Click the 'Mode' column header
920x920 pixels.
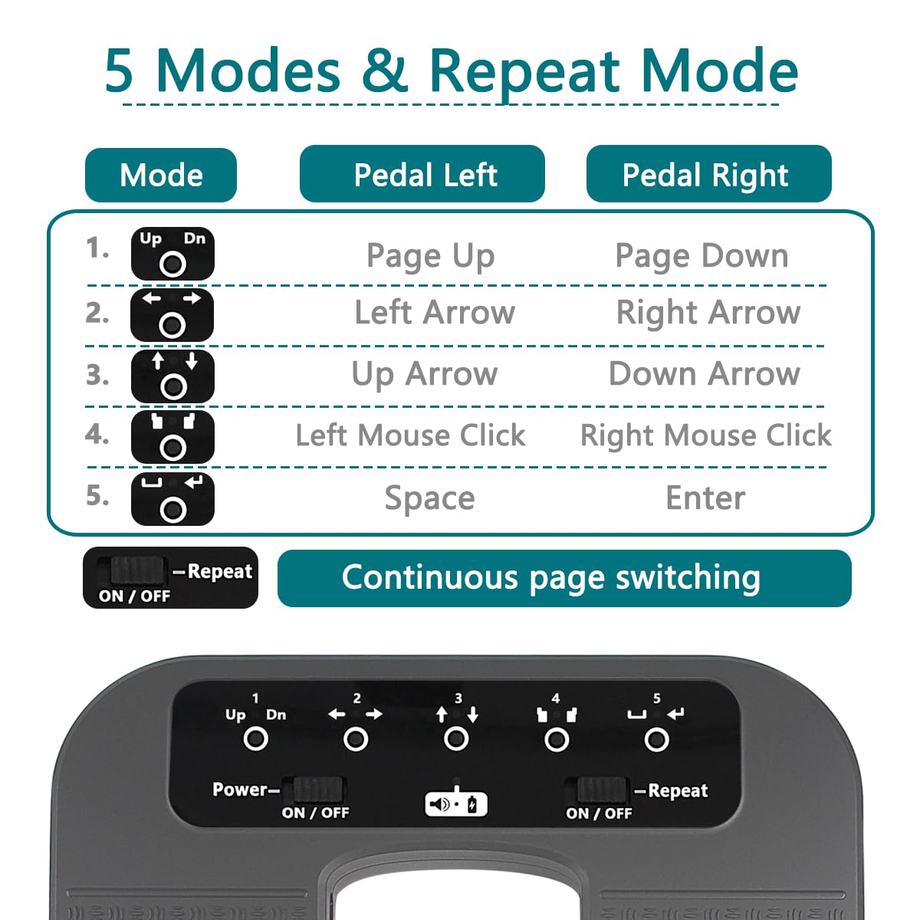[161, 176]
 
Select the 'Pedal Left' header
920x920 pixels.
[422, 175]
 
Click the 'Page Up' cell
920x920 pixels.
[430, 256]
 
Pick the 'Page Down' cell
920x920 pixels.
[701, 256]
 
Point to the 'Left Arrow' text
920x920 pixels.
[435, 313]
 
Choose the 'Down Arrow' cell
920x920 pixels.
[704, 374]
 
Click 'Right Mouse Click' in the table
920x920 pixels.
[705, 435]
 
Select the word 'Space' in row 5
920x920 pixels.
[429, 498]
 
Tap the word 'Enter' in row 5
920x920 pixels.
[705, 498]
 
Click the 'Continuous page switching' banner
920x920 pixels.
[564, 578]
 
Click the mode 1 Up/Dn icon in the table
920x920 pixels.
[172, 254]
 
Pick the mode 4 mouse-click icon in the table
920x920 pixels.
[172, 437]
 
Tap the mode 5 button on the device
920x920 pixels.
[656, 740]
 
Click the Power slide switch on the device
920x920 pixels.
[318, 789]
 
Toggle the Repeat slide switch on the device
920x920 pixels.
[600, 789]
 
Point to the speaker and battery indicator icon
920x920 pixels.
[456, 803]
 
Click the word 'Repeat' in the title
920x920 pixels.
[524, 71]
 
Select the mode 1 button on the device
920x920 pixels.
[255, 739]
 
